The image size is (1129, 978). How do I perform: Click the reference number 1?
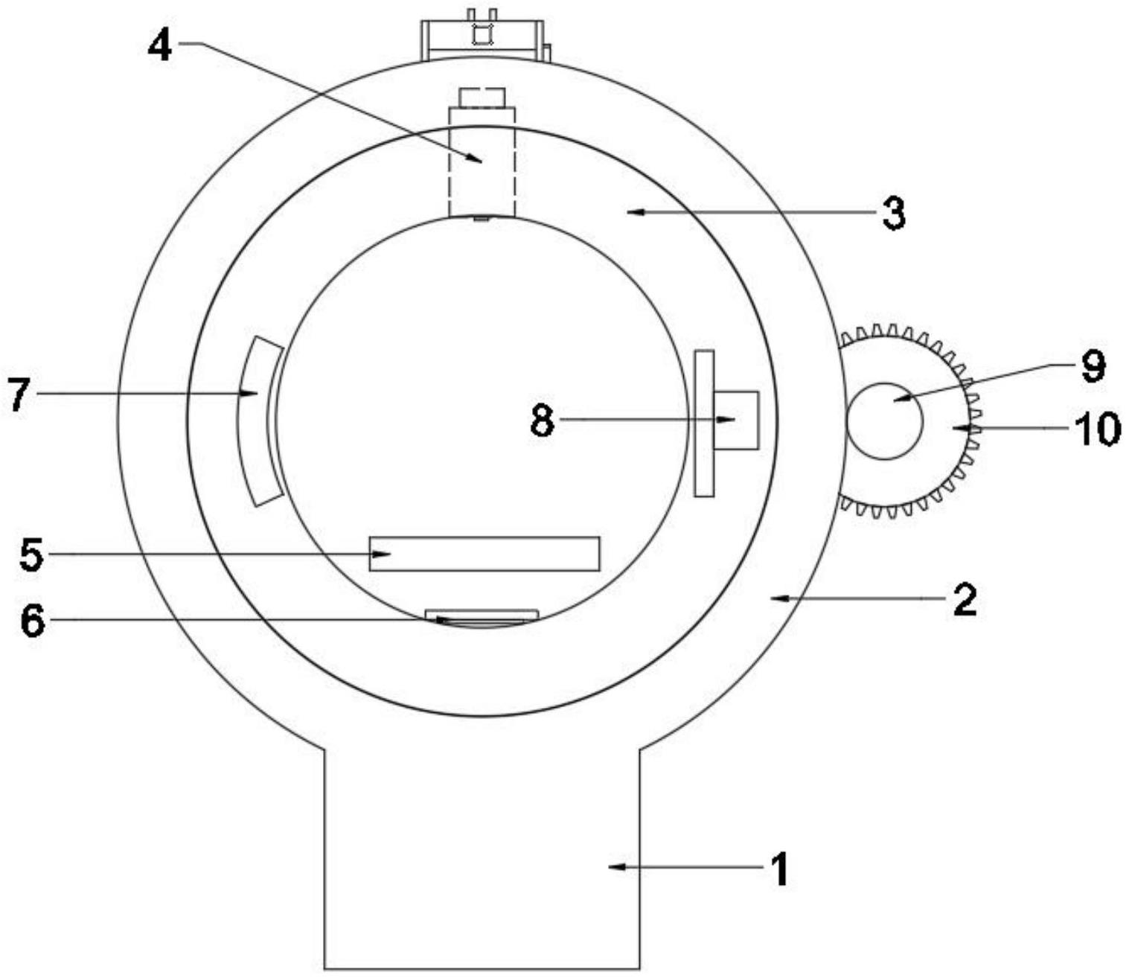[x=778, y=869]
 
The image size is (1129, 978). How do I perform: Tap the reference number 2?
[x=964, y=600]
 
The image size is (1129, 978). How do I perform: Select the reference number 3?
[x=893, y=214]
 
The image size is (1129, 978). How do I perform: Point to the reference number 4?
[x=159, y=46]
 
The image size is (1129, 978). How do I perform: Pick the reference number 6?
[x=32, y=621]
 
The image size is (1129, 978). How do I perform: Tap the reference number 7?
[x=20, y=394]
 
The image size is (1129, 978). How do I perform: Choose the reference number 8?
[x=543, y=421]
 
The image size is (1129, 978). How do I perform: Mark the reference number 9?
[x=1092, y=365]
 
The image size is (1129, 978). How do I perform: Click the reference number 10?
[x=1096, y=429]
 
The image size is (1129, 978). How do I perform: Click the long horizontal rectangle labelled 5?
[x=484, y=554]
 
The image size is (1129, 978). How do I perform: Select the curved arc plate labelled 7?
[x=256, y=421]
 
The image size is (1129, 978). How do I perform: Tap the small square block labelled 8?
[x=736, y=420]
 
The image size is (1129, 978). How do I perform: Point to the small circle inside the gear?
[x=884, y=421]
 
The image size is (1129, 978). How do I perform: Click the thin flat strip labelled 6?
[x=482, y=614]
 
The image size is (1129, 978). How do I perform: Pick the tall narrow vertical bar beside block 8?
[x=704, y=423]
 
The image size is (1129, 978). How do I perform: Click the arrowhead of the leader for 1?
[x=613, y=866]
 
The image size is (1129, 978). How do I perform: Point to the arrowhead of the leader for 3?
[x=631, y=213]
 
